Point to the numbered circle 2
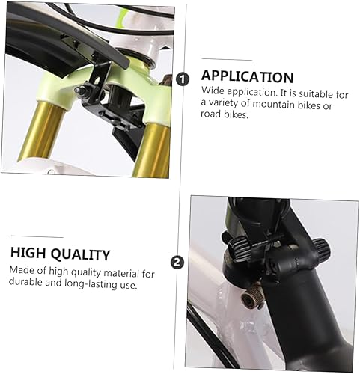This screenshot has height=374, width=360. [176, 262]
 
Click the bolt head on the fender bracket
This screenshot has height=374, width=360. [79, 91]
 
